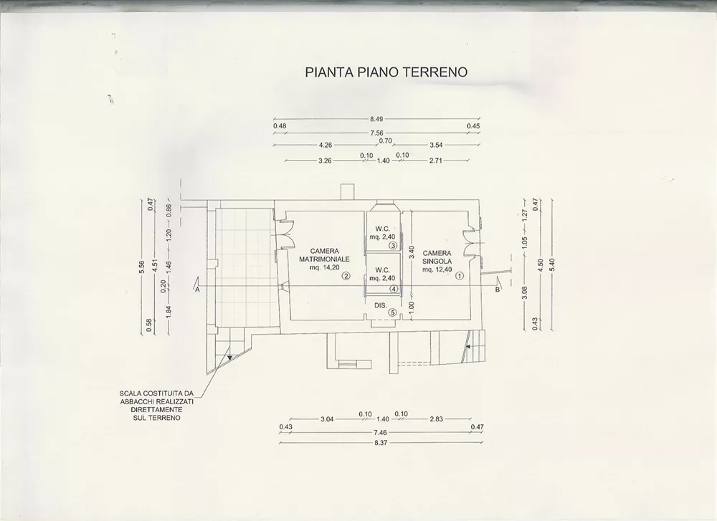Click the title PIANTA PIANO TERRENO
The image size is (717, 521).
386,72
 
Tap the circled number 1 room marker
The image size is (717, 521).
459,276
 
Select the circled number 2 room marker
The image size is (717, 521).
346,276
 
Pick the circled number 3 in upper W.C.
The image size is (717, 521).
393,245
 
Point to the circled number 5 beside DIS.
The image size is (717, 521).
392,312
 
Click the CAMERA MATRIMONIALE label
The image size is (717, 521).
324,255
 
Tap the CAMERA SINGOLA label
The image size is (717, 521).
437,257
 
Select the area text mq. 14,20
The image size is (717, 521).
324,268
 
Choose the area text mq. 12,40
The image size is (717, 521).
437,269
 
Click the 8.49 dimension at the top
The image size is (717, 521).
376,119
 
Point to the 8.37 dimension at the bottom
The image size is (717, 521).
381,442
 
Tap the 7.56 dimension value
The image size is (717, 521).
376,133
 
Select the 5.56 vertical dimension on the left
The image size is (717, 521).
142,267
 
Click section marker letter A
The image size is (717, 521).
198,290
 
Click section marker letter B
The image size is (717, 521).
497,290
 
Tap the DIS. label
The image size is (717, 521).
381,305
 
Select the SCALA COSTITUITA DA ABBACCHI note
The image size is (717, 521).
157,406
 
